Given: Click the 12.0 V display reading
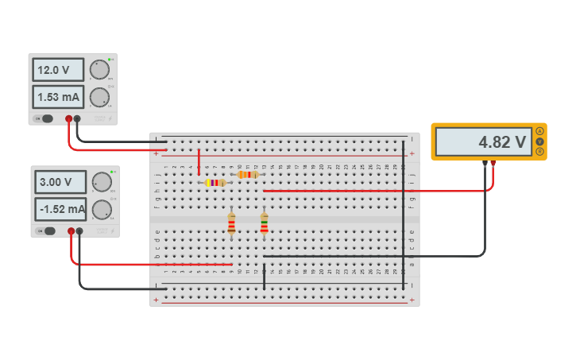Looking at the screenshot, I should [x=58, y=70].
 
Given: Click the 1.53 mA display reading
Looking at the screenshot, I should [x=58, y=97].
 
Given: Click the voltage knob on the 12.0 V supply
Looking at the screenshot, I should [x=99, y=70].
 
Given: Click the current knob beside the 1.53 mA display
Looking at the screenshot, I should [x=99, y=97].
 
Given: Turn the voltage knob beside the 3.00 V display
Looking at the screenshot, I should [x=102, y=182].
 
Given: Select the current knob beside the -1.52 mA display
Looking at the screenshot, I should [x=102, y=210].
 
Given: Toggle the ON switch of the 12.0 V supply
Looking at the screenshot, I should [x=46, y=119].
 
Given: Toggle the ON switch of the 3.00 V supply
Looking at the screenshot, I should [x=48, y=231].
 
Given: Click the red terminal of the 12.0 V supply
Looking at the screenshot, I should [x=69, y=119].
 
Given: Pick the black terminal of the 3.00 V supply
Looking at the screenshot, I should [x=79, y=231].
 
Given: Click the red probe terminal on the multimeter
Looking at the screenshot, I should [x=493, y=163].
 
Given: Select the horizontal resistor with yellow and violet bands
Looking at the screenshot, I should [x=215, y=183].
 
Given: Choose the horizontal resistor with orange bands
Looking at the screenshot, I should [x=248, y=174].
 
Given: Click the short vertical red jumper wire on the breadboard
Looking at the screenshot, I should [x=199, y=161].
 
